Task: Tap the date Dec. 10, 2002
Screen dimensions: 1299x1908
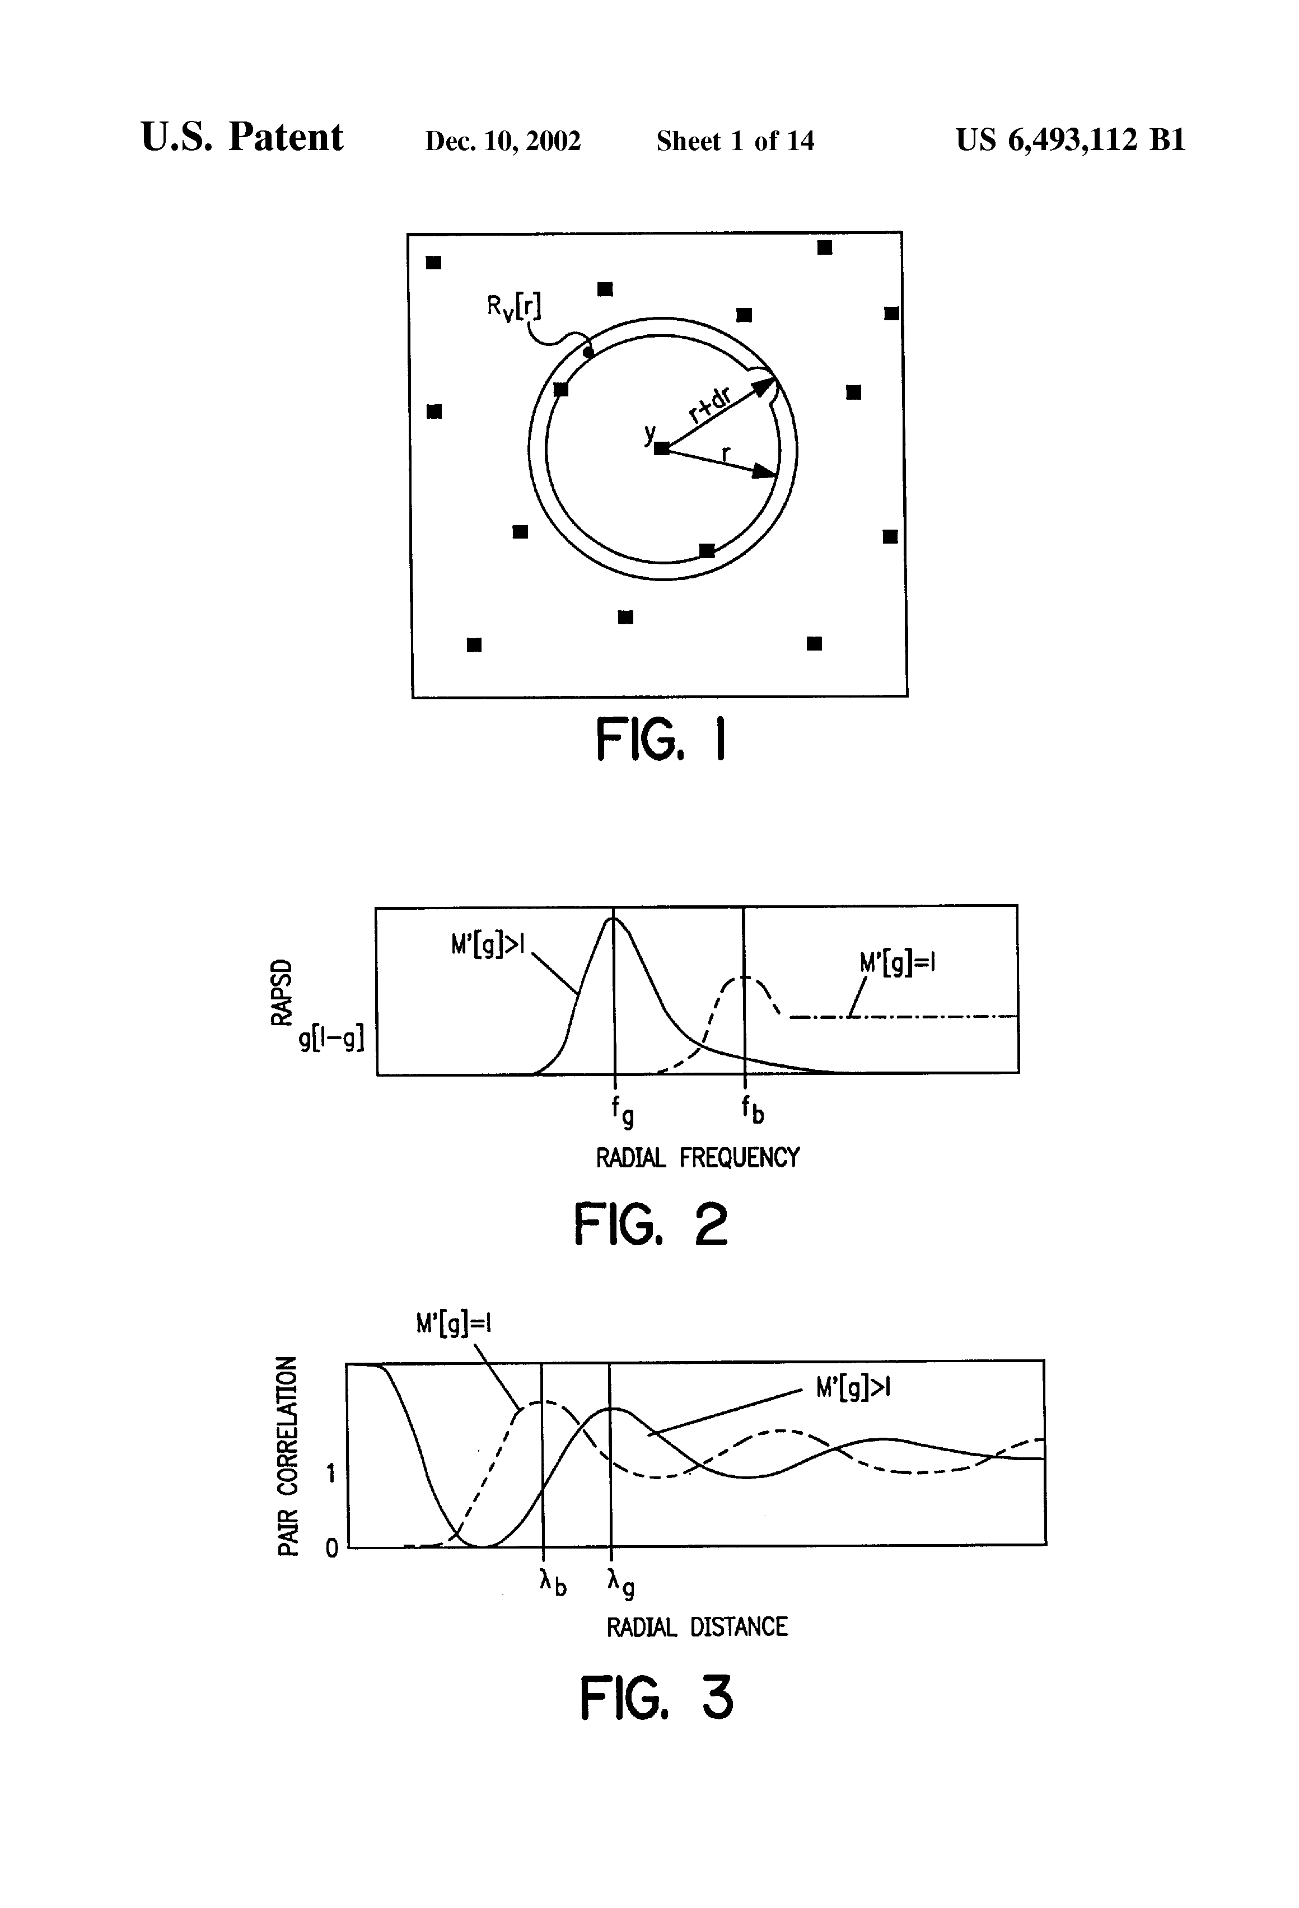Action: click(502, 141)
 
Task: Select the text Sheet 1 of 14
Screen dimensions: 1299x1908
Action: click(735, 141)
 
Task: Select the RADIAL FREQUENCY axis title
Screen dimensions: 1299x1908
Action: click(697, 1158)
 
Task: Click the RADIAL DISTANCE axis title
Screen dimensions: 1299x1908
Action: click(697, 1627)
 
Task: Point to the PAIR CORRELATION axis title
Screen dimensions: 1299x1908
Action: click(287, 1456)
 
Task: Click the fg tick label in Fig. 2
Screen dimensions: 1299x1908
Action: click(622, 1112)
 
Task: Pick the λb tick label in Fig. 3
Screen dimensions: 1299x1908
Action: click(553, 1580)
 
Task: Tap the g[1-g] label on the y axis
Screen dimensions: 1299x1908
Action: click(331, 1040)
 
